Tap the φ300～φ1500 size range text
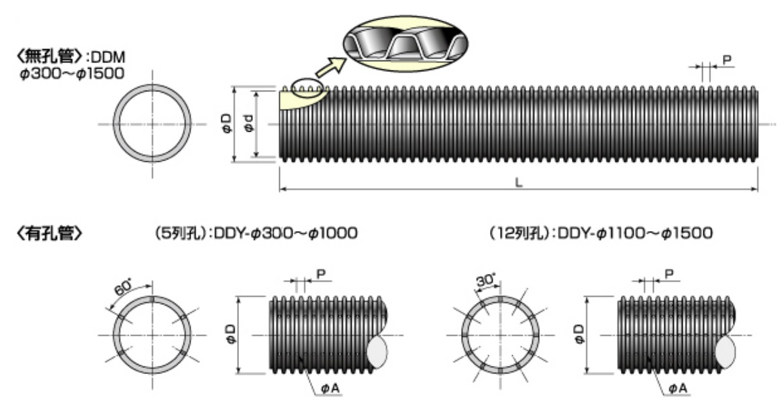[x=72, y=73]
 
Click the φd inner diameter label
[x=248, y=124]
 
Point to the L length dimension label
[x=518, y=183]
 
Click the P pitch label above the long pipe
[x=727, y=60]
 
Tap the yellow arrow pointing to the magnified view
[x=330, y=68]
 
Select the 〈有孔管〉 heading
[x=49, y=233]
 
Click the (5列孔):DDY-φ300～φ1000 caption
[x=256, y=233]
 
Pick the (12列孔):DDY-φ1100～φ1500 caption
[x=601, y=233]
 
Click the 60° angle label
[x=123, y=287]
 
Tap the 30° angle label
[x=485, y=280]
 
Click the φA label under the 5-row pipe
[x=330, y=388]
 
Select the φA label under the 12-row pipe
[x=679, y=388]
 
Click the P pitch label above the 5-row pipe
[x=321, y=274]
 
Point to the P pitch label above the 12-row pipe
[x=669, y=274]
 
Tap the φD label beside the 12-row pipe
[x=579, y=334]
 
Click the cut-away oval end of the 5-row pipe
[x=377, y=351]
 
